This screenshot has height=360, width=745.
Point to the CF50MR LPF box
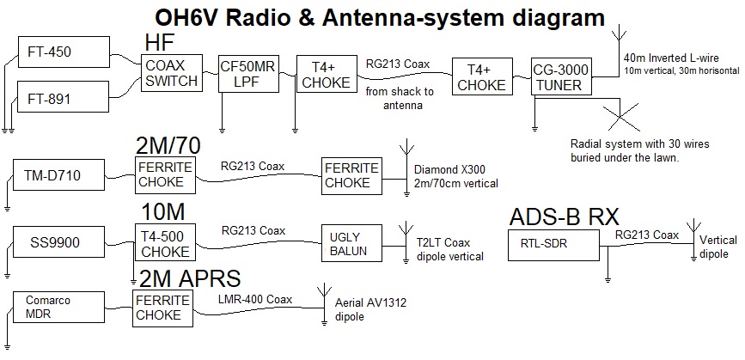click(248, 73)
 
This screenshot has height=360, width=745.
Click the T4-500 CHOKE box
click(166, 242)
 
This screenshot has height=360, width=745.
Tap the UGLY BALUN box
click(351, 243)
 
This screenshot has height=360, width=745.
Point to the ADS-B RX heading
click(565, 217)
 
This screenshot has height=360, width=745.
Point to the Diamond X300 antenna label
click(455, 176)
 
